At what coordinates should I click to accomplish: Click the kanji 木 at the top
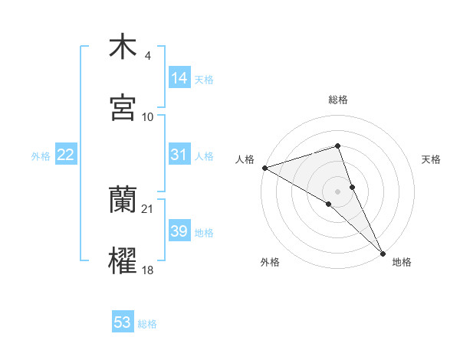[123, 47]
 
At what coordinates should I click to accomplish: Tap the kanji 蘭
[123, 201]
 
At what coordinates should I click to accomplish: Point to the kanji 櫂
[123, 260]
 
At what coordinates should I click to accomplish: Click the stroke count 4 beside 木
[147, 56]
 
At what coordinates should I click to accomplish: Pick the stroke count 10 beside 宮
[148, 116]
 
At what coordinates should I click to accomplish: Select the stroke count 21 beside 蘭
[148, 209]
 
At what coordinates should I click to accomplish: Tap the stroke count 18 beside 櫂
[148, 270]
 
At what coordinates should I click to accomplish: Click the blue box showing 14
[179, 78]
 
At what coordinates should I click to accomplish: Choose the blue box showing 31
[179, 155]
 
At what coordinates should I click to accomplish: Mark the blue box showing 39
[179, 231]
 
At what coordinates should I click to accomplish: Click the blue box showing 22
[66, 155]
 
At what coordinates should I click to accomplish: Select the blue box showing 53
[123, 322]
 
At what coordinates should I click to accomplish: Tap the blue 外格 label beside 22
[41, 156]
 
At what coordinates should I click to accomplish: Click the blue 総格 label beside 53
[147, 324]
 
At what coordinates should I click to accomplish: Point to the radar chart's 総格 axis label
[338, 100]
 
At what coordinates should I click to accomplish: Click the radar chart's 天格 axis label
[432, 159]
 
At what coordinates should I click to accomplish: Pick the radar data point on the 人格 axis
[264, 168]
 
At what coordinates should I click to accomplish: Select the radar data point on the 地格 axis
[383, 252]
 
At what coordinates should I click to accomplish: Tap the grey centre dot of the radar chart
[338, 191]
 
